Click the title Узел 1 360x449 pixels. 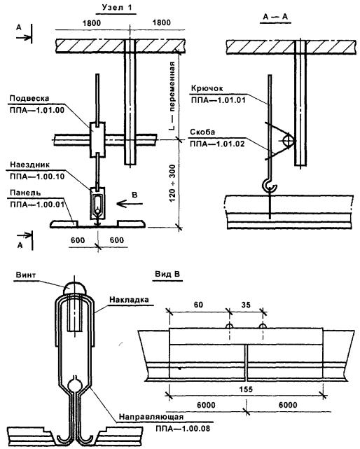[x=118, y=7]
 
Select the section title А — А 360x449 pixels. [x=275, y=17]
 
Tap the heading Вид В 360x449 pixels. [x=167, y=274]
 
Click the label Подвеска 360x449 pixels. [x=29, y=99]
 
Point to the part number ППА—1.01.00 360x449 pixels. [x=37, y=110]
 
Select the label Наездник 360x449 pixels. [x=30, y=165]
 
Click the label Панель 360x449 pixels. [x=25, y=193]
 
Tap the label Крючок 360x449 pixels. [x=207, y=88]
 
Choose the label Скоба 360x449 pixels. [x=202, y=132]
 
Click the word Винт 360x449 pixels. [x=26, y=275]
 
